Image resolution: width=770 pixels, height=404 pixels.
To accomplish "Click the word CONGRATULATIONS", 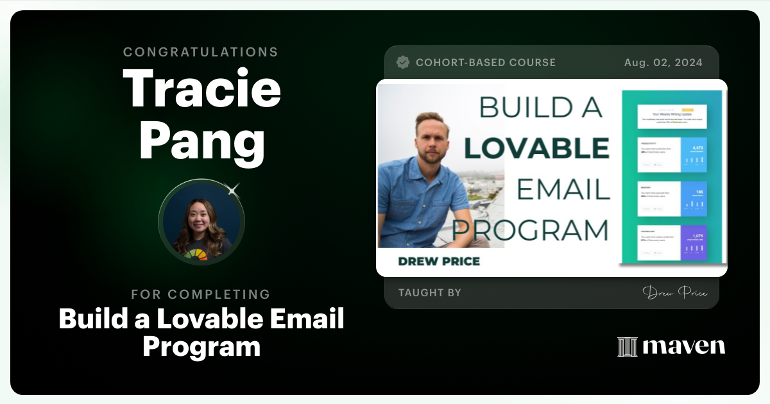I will pyautogui.click(x=201, y=52).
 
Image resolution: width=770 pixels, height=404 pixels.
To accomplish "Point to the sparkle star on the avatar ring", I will pyautogui.click(x=233, y=189).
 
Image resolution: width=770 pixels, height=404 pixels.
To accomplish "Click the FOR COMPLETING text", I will pyautogui.click(x=201, y=294).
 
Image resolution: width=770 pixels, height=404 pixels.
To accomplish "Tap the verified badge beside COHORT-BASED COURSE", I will pyautogui.click(x=403, y=62).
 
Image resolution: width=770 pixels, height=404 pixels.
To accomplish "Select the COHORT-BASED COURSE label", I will pyautogui.click(x=486, y=62).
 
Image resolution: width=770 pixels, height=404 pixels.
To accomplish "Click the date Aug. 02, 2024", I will pyautogui.click(x=663, y=62).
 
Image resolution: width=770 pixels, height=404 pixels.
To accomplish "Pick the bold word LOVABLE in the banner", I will pyautogui.click(x=536, y=148).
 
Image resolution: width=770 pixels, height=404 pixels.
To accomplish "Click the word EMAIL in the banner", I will pyautogui.click(x=563, y=189).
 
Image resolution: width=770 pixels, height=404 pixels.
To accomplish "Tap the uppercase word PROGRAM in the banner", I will pyautogui.click(x=530, y=230).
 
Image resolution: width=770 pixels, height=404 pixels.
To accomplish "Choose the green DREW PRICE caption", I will pyautogui.click(x=439, y=261).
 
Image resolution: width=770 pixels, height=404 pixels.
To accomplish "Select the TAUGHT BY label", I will pyautogui.click(x=429, y=293).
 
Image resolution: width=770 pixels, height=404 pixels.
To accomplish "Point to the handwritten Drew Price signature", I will pyautogui.click(x=674, y=293).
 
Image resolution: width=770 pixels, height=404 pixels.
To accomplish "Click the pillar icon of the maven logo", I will pyautogui.click(x=626, y=347).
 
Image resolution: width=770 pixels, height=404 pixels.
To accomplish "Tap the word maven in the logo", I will pyautogui.click(x=684, y=347).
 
